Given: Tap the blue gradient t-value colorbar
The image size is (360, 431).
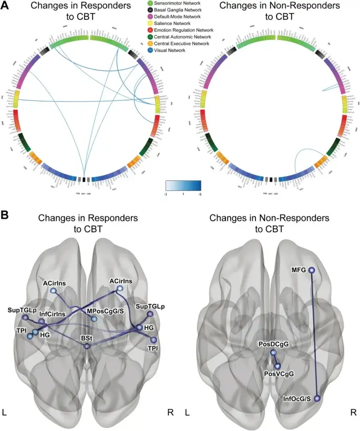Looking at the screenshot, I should point(183,185).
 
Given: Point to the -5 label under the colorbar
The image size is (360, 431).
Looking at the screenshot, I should point(198,194).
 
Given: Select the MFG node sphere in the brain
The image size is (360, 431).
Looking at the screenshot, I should point(312,270).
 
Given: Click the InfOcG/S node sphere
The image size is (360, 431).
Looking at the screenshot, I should point(317,399).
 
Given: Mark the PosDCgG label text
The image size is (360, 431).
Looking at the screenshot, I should point(273,344).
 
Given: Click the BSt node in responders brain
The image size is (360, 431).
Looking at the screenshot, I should point(87,346).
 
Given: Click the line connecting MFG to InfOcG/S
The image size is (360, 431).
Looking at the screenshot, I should point(314,336).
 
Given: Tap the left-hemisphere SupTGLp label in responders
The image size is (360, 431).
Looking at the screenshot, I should point(22,310).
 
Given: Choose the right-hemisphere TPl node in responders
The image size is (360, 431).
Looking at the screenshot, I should point(153,340).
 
